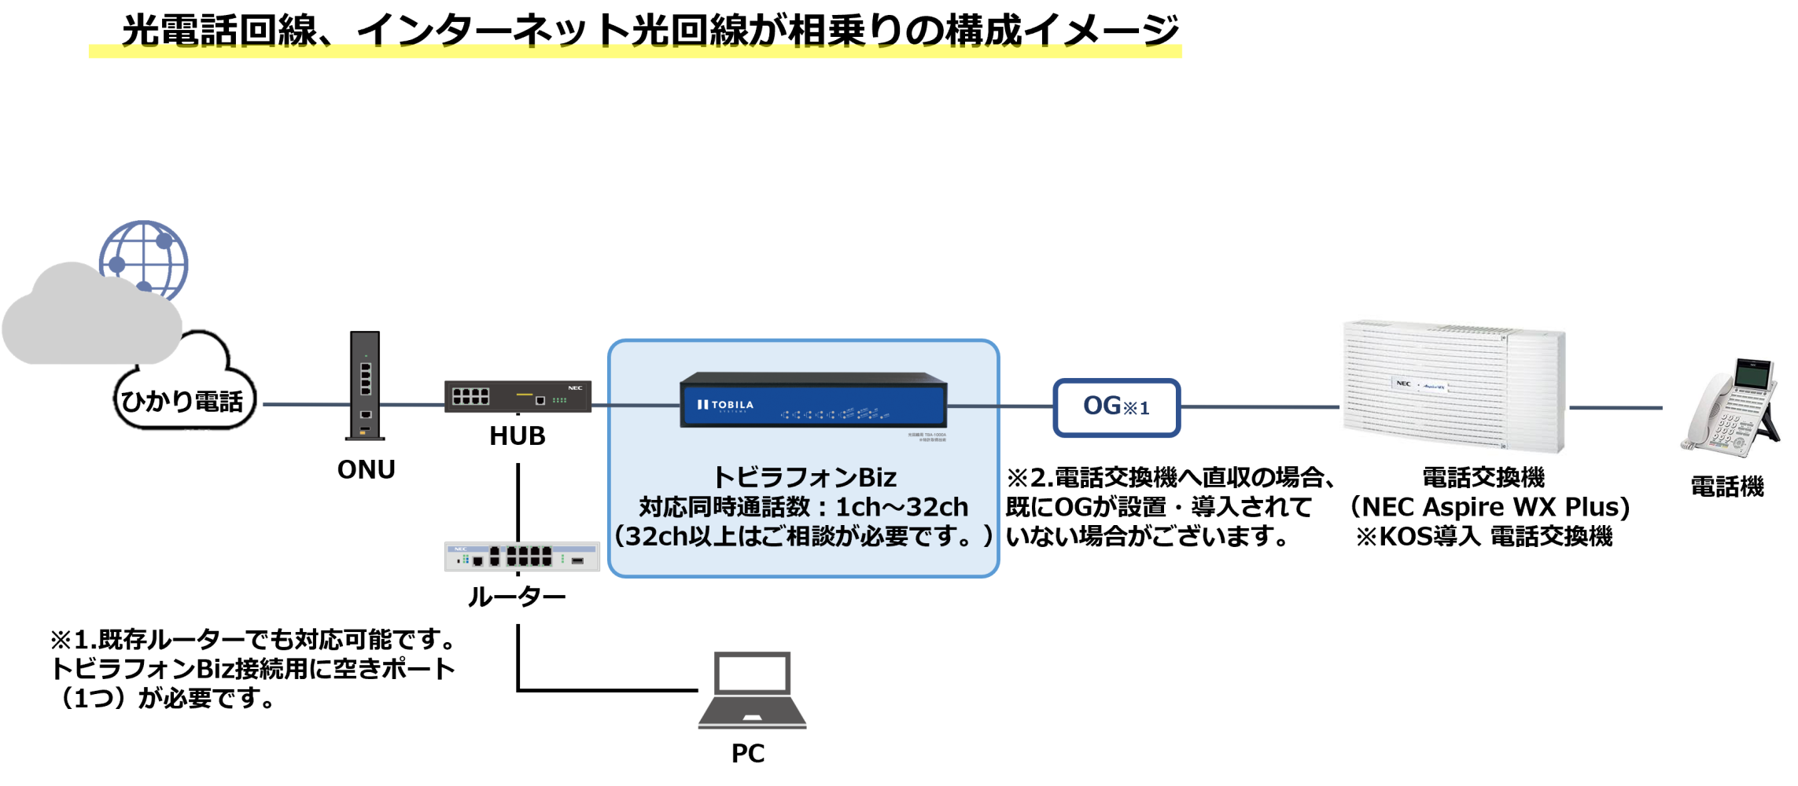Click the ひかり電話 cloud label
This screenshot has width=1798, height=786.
coord(182,402)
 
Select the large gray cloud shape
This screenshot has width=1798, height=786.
coord(87,322)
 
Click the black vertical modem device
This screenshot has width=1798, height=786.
coord(365,385)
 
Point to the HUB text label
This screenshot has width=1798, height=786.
coord(517,436)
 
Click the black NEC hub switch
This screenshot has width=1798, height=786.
coord(518,396)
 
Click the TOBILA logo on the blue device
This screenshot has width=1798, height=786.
coord(725,405)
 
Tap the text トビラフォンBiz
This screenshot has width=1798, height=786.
coord(803,477)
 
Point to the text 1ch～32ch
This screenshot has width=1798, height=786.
coord(901,507)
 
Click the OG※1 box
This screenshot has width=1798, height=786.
coord(1116,407)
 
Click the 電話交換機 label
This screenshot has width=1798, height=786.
coord(1483,477)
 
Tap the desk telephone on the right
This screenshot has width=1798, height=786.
coord(1730,407)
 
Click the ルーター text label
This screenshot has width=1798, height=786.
coord(517,597)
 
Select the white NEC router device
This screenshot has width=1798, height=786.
coord(521,556)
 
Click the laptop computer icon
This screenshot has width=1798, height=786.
coord(752,690)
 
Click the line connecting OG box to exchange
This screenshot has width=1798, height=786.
coord(1258,407)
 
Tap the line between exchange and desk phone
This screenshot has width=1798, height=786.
coord(1616,408)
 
